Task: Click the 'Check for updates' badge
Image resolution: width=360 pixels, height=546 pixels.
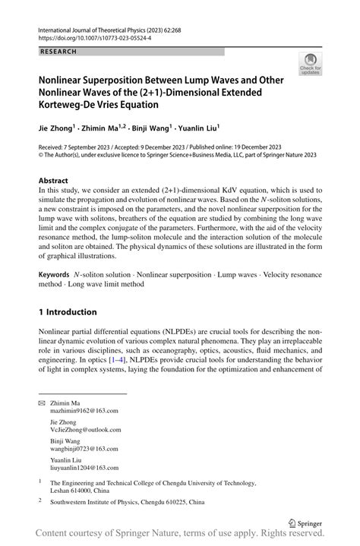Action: point(309,65)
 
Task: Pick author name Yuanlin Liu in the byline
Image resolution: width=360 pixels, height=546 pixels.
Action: point(193,128)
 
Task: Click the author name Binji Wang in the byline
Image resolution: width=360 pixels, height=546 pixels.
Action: point(146,128)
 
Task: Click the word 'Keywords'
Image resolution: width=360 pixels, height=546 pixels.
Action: point(56,273)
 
